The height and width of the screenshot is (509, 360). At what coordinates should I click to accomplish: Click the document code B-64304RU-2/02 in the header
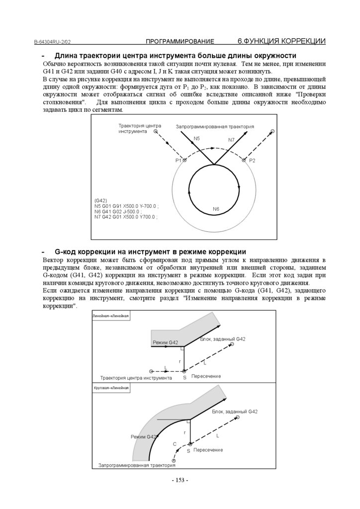(55, 42)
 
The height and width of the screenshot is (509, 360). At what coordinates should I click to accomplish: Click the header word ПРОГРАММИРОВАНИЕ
(180, 41)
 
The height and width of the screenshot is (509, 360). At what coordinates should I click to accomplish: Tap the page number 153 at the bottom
(180, 480)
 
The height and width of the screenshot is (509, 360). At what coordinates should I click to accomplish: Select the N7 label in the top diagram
(231, 140)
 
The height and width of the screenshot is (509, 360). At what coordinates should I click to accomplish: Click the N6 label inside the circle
(216, 209)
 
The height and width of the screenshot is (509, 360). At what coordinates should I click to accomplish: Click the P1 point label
(179, 161)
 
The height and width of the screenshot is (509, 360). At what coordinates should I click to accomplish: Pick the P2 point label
(252, 161)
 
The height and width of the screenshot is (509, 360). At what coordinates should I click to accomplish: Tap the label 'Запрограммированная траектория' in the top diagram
(215, 127)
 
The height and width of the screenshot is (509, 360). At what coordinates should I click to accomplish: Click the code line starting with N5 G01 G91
(126, 206)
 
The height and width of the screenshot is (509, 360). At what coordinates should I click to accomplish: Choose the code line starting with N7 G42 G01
(126, 217)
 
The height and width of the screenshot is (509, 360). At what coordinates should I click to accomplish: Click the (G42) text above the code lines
(101, 200)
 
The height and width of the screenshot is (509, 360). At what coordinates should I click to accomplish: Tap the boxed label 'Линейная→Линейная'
(111, 316)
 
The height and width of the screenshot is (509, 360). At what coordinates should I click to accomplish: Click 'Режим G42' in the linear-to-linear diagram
(165, 342)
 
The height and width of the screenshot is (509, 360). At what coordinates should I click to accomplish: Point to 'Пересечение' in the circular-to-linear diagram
(208, 450)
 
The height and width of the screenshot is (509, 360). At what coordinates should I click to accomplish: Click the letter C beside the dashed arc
(174, 443)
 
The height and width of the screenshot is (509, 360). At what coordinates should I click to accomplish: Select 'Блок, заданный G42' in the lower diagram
(235, 412)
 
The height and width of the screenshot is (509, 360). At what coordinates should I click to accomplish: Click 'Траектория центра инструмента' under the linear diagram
(136, 378)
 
